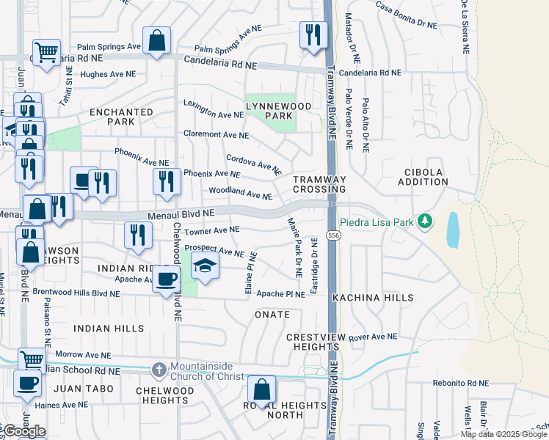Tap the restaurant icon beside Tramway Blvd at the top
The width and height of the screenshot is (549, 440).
click(313, 34)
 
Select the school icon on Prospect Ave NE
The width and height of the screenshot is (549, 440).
click(206, 266)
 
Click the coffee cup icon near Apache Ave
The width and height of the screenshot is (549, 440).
click(167, 279)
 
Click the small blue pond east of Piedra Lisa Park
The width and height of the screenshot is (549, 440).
click(453, 231)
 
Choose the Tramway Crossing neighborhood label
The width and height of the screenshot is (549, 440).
click(319, 184)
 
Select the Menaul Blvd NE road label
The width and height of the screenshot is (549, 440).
click(180, 213)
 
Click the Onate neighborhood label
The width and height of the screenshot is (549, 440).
click(272, 315)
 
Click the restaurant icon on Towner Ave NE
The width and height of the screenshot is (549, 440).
click(137, 235)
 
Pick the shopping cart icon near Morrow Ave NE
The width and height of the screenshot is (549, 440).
click(32, 361)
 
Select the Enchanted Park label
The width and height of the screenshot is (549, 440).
click(121, 117)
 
